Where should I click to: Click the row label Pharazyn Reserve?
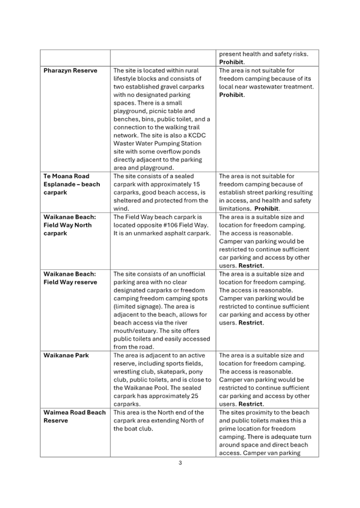point(70,71)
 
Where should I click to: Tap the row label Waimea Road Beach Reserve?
point(74,416)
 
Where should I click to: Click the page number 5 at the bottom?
point(180,462)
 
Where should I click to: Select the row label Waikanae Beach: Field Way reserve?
point(70,278)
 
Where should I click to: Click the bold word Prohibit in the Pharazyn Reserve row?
point(232,95)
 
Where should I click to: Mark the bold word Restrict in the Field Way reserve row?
point(251,323)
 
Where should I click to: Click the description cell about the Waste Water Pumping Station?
point(162,119)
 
